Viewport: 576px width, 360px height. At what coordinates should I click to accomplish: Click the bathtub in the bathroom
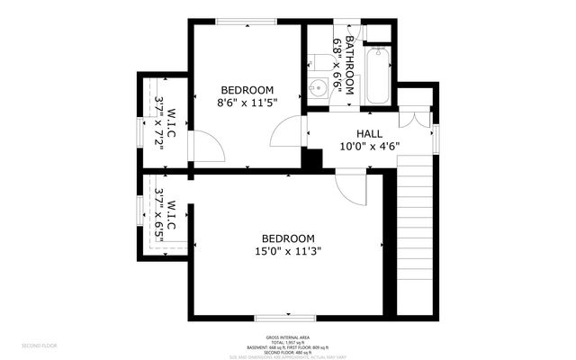click(x=377, y=76)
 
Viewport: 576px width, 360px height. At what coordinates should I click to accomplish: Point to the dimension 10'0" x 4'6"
click(x=370, y=146)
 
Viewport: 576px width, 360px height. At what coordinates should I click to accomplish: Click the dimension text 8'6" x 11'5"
click(x=247, y=103)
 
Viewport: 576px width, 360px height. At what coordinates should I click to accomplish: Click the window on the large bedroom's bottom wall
click(x=285, y=317)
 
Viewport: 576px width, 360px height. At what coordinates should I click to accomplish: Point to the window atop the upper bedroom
click(x=246, y=21)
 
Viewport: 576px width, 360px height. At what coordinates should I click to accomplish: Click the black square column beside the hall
click(x=311, y=158)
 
